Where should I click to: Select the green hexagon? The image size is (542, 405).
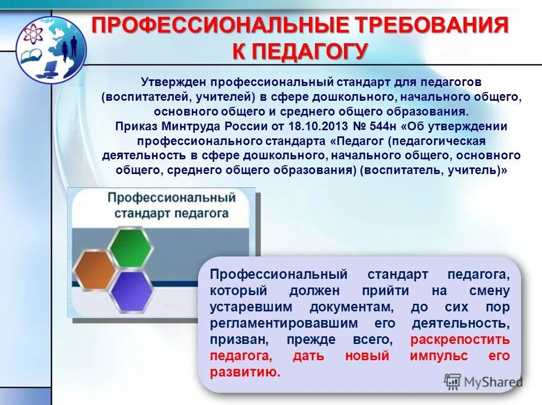point(130,249)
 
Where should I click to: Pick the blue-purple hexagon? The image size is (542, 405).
point(131,292)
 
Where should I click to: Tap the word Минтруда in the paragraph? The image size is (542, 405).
point(186,126)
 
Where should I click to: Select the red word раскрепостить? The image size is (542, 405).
point(460,339)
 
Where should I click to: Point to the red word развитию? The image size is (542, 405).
point(245,372)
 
